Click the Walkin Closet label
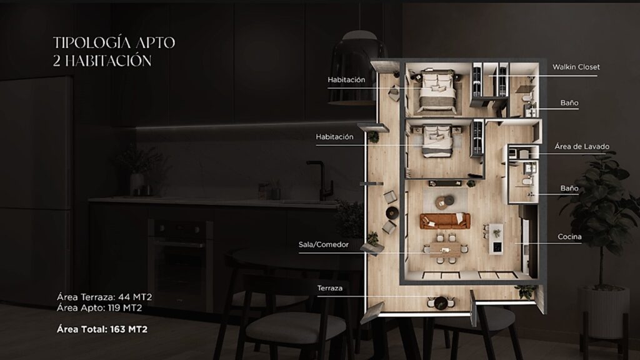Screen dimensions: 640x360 click(576, 67)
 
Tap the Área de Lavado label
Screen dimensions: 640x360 click(582, 146)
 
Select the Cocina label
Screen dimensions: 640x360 click(569, 237)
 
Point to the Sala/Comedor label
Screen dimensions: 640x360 click(323, 244)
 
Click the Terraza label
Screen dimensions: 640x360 click(330, 288)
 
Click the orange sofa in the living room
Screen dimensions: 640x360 click(445, 221)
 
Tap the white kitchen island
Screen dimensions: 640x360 click(496, 238)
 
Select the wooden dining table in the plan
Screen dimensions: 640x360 click(445, 249)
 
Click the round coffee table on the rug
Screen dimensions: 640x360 click(444, 201)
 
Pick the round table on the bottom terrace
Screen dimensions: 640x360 click(441, 302)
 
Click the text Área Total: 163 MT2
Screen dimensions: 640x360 click(102, 329)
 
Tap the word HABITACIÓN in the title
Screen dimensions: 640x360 click(108, 61)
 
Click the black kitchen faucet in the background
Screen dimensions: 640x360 click(320, 179)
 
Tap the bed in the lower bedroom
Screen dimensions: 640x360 click(437, 141)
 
